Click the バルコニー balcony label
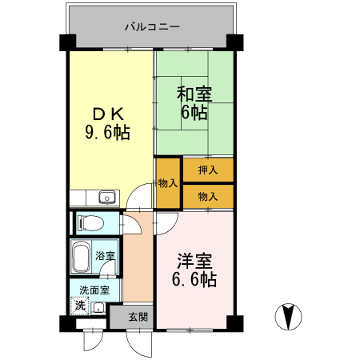tap(151, 27)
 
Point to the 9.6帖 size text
tap(108, 131)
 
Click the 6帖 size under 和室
tap(193, 113)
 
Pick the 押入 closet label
tap(208, 170)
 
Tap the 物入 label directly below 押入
tap(208, 195)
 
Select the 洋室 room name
tap(194, 262)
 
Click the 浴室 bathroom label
tap(105, 256)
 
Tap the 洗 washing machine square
tap(80, 305)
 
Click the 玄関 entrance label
tap(136, 317)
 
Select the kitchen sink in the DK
tap(106, 198)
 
